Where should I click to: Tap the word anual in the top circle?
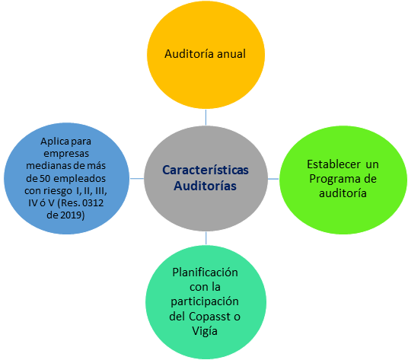click(x=231, y=54)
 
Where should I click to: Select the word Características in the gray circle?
click(x=206, y=170)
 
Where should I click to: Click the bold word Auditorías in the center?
click(x=205, y=186)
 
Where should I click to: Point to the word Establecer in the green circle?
click(x=333, y=164)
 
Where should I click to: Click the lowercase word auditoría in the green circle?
click(x=343, y=193)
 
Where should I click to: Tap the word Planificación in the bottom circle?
click(x=205, y=272)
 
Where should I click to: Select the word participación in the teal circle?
click(x=205, y=302)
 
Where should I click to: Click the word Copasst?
click(x=209, y=317)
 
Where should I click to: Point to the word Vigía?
click(x=205, y=331)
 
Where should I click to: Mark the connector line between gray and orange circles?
click(x=206, y=117)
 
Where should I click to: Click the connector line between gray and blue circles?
click(x=137, y=178)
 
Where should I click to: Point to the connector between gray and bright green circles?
click(x=273, y=179)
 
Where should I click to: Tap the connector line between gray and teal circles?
click(x=206, y=238)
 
